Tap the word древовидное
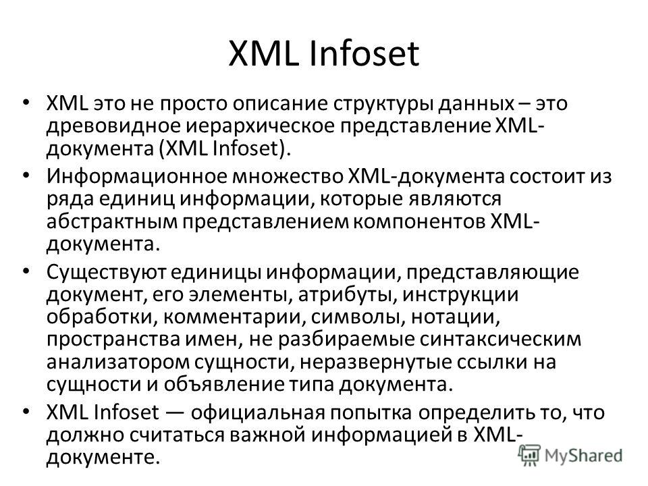click(x=113, y=126)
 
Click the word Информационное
click(x=137, y=176)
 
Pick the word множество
click(x=288, y=176)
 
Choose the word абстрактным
click(x=111, y=221)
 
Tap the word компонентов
click(x=419, y=222)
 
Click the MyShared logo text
click(x=583, y=455)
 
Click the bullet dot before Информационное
click(x=26, y=176)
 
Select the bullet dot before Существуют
click(x=26, y=271)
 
